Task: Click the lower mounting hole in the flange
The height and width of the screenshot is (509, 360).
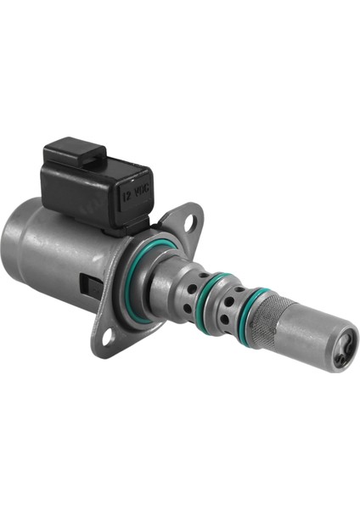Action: [108, 338]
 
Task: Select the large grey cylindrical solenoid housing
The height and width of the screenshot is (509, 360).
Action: [51, 255]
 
